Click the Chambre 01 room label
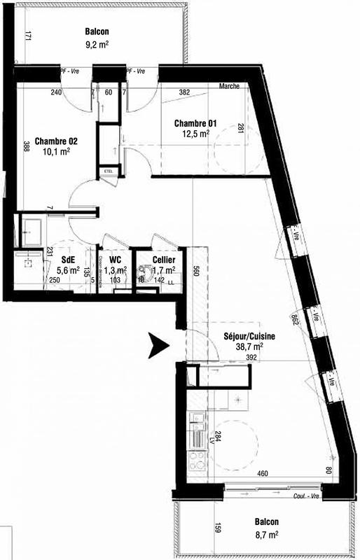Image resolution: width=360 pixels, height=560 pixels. [195, 124]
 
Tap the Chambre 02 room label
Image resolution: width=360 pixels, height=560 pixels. [56, 140]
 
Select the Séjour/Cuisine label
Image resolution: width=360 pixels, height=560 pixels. [244, 335]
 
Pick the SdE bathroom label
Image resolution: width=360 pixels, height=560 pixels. [69, 258]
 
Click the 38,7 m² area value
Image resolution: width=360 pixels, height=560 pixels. [249, 346]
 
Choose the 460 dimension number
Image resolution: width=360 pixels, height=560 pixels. [263, 475]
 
